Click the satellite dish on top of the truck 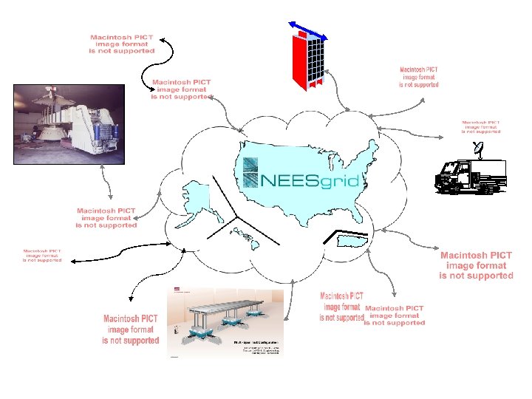(479, 152)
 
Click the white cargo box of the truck (488, 174)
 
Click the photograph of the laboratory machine (64, 123)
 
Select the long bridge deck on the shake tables (230, 306)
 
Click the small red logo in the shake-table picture (177, 288)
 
